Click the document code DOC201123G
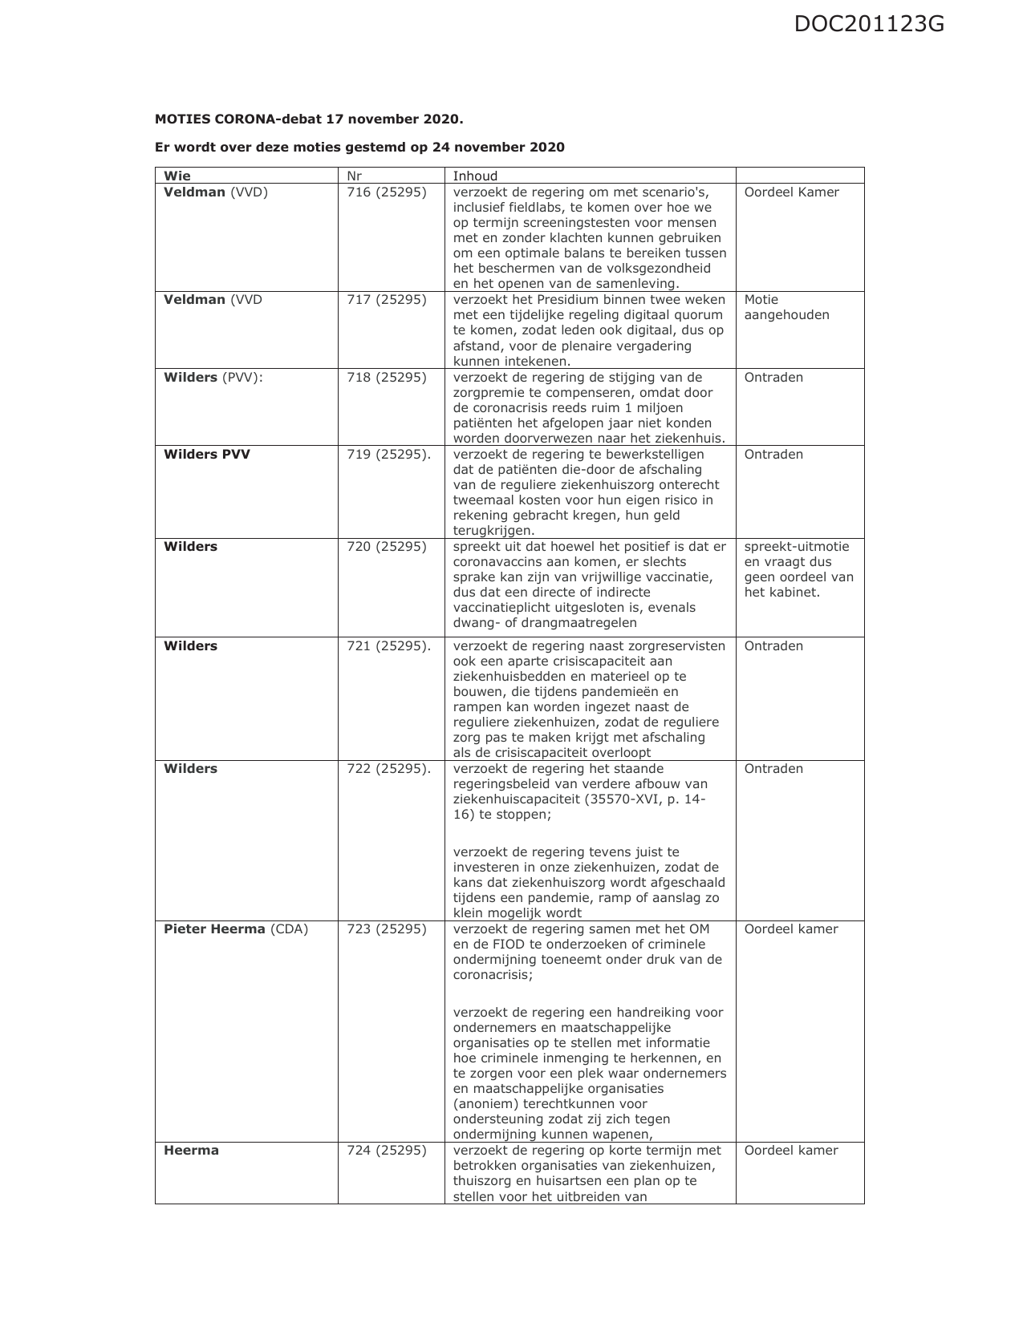click(x=869, y=25)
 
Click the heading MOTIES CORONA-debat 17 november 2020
click(x=309, y=119)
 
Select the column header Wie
click(x=177, y=176)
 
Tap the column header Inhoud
click(x=475, y=176)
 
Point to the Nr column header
click(x=354, y=176)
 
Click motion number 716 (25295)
click(x=386, y=192)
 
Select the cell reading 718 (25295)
click(x=386, y=378)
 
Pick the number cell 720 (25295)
click(x=386, y=547)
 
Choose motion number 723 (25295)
click(x=386, y=929)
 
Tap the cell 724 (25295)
click(x=386, y=1151)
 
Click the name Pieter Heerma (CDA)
click(x=235, y=929)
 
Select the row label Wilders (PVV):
click(x=213, y=378)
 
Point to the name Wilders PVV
click(x=207, y=455)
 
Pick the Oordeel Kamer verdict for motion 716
click(x=791, y=192)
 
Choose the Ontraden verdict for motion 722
click(x=773, y=769)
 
